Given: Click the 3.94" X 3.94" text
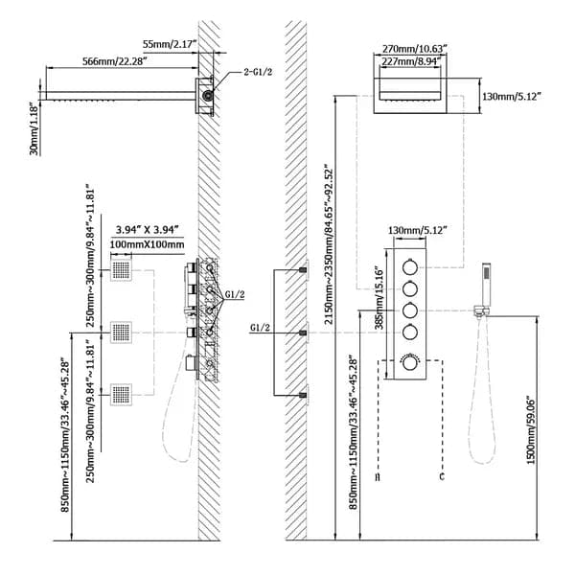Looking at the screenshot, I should (x=143, y=230).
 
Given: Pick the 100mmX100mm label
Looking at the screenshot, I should (x=143, y=246).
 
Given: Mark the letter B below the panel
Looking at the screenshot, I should (x=379, y=475).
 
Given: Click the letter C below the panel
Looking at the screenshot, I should (x=442, y=475).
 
